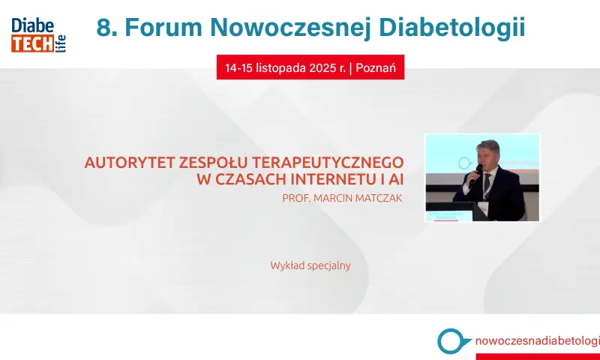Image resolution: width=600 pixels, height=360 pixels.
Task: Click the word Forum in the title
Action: pos(163,27)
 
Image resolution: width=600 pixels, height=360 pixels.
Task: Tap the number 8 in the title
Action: pos(103,28)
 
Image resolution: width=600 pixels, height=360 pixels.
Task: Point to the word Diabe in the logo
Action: pos(32,25)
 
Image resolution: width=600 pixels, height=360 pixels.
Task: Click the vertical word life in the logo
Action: pos(62,43)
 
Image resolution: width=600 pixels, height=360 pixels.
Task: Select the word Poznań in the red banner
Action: pos(376,67)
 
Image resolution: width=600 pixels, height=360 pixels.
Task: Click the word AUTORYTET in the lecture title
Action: pos(130,162)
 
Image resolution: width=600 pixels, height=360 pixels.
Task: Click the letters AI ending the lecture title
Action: pos(396,179)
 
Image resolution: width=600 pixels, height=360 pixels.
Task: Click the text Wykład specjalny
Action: pos(310,265)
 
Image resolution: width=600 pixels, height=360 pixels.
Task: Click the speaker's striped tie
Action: pos(487,185)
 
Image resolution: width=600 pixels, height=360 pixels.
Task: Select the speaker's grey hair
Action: pos(488,145)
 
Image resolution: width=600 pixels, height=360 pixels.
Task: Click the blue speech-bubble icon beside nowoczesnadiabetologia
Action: pos(453,340)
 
